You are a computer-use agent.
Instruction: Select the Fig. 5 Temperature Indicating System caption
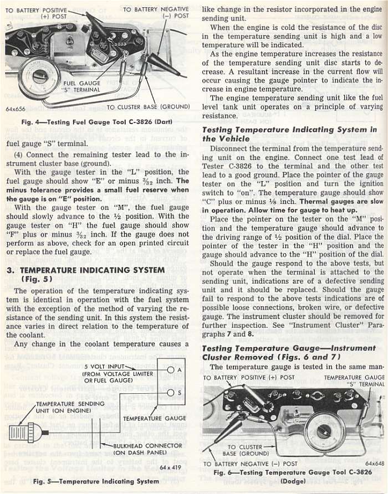[x=96, y=481]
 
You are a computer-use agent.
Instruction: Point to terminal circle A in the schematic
[x=171, y=370]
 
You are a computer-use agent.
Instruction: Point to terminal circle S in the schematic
[x=171, y=392]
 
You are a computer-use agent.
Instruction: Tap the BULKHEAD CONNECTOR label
[x=147, y=449]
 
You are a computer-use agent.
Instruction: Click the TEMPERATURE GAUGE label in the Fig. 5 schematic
[x=147, y=418]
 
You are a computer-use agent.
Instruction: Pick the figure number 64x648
[x=375, y=464]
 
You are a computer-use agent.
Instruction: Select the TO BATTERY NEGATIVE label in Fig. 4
[x=156, y=13]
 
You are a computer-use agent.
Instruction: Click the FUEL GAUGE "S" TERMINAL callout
[x=81, y=86]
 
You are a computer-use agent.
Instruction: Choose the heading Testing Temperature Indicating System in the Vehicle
[x=289, y=134]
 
